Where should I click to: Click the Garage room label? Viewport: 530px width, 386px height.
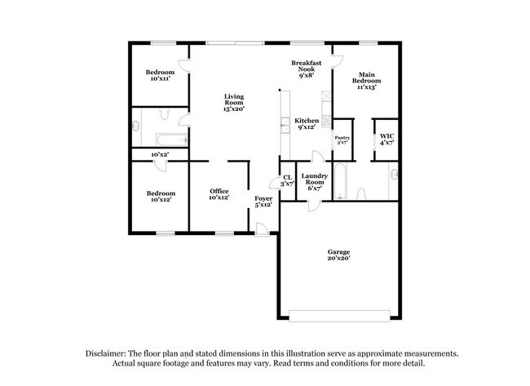click(x=338, y=255)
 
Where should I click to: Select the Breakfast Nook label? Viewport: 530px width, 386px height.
click(x=307, y=70)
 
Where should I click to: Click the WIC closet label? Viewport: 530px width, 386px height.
click(x=386, y=139)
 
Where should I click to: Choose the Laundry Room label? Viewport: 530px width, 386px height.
click(x=314, y=180)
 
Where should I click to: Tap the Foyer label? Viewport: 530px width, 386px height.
click(x=263, y=201)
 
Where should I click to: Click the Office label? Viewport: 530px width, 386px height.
click(x=219, y=194)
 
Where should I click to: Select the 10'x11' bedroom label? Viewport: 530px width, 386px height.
click(x=160, y=77)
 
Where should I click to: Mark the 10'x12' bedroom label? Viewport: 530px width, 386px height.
click(x=160, y=197)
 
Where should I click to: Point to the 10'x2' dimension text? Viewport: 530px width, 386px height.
click(x=160, y=153)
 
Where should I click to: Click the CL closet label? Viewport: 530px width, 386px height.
click(x=287, y=181)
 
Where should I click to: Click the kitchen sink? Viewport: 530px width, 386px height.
click(x=283, y=127)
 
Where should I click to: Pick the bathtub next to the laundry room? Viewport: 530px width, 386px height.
click(x=342, y=184)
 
